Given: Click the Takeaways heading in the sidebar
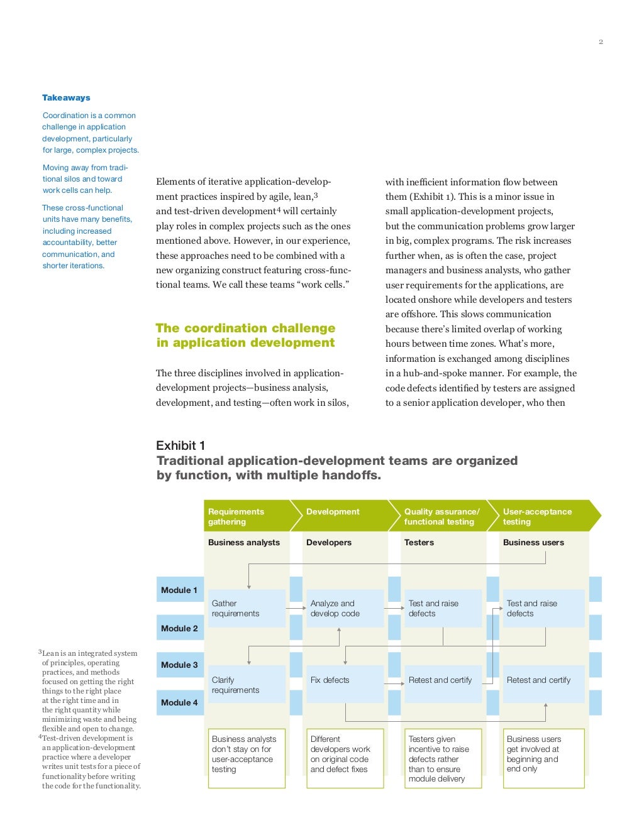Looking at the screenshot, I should pos(66,97).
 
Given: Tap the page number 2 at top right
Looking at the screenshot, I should pos(601,42).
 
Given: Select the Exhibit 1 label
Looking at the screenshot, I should pos(180,445).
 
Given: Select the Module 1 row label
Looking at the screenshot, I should pos(180,590).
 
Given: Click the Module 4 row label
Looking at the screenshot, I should pos(180,702).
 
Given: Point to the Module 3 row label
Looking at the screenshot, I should pos(180,665).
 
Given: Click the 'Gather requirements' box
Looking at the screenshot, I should pos(246,608).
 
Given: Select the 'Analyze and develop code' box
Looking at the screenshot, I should pos(345,608).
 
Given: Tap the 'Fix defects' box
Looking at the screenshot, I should pos(345,683).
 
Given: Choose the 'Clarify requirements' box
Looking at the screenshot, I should pos(246,684).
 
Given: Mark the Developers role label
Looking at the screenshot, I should pos(329,542).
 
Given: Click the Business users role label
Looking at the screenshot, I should pos(533,542).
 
